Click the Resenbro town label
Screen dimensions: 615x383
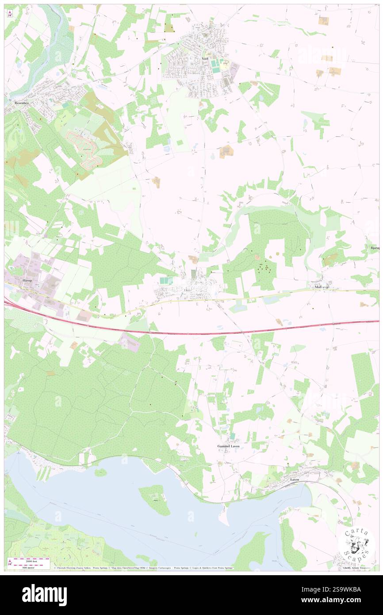21,103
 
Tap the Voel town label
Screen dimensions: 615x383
204,58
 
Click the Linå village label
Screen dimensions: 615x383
186,291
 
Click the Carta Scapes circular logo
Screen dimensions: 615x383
356,545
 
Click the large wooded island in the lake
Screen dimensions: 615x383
154,499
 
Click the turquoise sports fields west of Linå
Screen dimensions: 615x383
166,281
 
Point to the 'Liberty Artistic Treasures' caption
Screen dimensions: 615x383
356,568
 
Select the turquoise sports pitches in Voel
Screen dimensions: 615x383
215,66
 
